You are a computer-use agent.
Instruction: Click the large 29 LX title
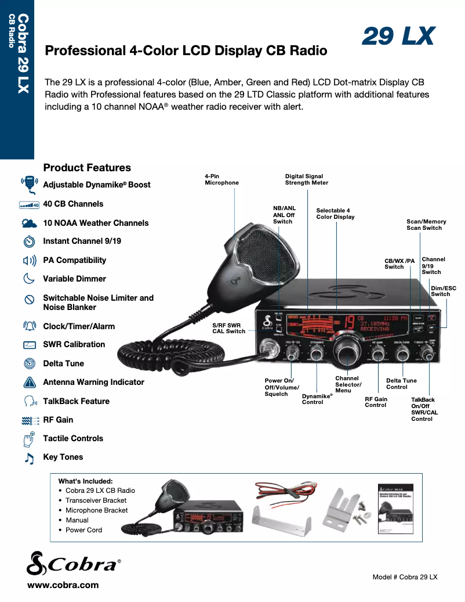pyautogui.click(x=398, y=36)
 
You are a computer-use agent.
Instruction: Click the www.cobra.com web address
pyautogui.click(x=63, y=585)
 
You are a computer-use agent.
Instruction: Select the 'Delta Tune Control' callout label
pyautogui.click(x=401, y=384)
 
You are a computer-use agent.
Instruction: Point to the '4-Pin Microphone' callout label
pyautogui.click(x=221, y=179)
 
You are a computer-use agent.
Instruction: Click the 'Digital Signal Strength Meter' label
pyautogui.click(x=306, y=179)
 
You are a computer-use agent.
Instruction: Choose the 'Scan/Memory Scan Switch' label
pyautogui.click(x=426, y=225)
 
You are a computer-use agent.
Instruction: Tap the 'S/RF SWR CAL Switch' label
pyautogui.click(x=228, y=328)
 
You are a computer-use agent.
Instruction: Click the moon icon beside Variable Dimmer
pyautogui.click(x=29, y=279)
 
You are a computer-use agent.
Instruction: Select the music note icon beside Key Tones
pyautogui.click(x=29, y=457)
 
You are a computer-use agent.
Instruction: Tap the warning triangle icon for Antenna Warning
pyautogui.click(x=29, y=383)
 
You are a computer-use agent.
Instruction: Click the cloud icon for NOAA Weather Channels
pyautogui.click(x=29, y=223)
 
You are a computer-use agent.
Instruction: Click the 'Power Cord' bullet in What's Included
pyautogui.click(x=83, y=530)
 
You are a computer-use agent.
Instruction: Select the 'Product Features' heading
pyautogui.click(x=87, y=168)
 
